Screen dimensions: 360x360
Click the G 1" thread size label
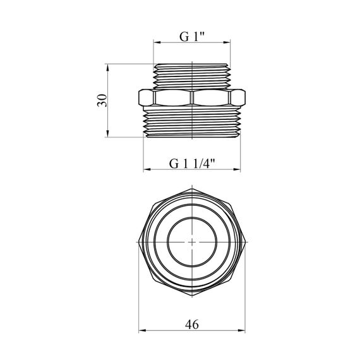point(192,37)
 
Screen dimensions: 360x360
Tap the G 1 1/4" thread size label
point(192,164)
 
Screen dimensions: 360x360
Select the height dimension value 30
point(102,100)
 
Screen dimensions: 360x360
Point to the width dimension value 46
point(192,325)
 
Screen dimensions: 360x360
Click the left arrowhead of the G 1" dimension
point(157,42)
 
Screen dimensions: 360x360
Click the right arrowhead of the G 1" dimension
point(227,42)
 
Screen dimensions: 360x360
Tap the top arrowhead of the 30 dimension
point(107,67)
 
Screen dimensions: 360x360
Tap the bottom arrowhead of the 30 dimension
point(107,134)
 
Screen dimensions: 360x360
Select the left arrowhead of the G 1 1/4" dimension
point(147,170)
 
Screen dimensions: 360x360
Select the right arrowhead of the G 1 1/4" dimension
point(237,170)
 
